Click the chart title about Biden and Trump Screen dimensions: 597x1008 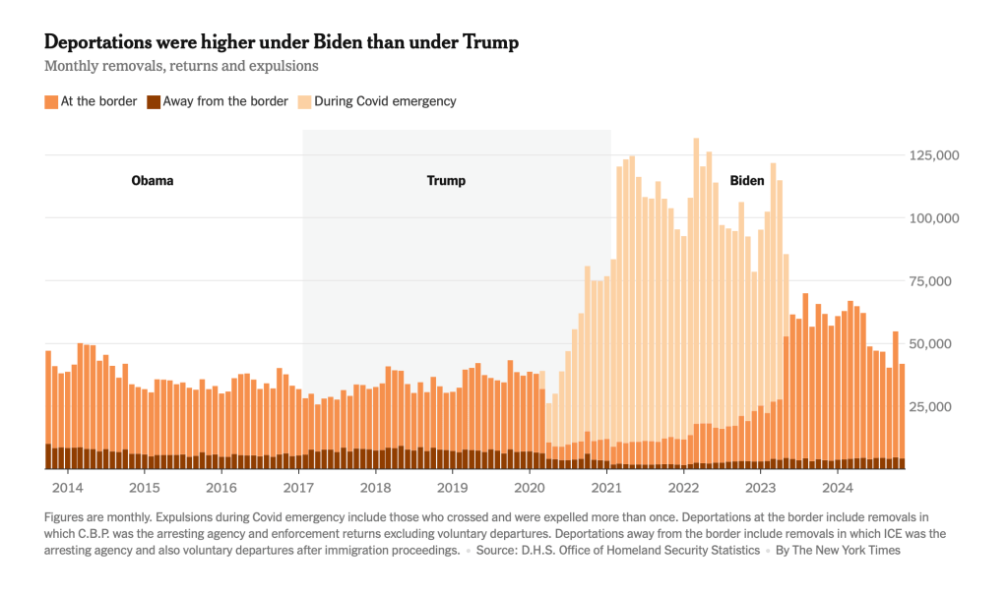[x=282, y=42]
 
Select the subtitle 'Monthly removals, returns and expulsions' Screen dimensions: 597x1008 [x=181, y=66]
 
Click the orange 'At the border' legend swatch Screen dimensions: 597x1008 [x=51, y=101]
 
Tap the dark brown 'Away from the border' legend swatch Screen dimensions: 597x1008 [x=154, y=101]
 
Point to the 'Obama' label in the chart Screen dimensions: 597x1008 [x=153, y=181]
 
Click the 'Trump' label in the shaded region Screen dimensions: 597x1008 [x=446, y=181]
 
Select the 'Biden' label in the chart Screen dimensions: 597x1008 [x=747, y=181]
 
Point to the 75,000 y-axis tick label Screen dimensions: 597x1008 [x=934, y=281]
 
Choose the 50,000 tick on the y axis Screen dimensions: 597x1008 [x=934, y=344]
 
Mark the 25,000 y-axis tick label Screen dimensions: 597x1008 [x=934, y=407]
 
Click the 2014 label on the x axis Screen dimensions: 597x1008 [x=68, y=488]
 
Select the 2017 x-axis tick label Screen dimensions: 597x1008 [x=298, y=488]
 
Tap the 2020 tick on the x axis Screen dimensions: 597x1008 [x=530, y=488]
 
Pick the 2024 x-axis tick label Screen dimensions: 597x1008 [x=838, y=488]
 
